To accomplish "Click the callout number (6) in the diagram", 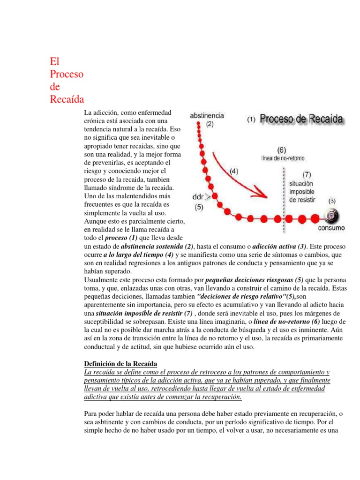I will coord(282,150).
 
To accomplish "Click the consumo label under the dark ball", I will coord(331,228).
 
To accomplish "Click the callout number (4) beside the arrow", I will coord(234,171).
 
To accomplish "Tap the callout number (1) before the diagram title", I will coord(251,120).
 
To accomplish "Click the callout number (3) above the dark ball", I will coord(331,201).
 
